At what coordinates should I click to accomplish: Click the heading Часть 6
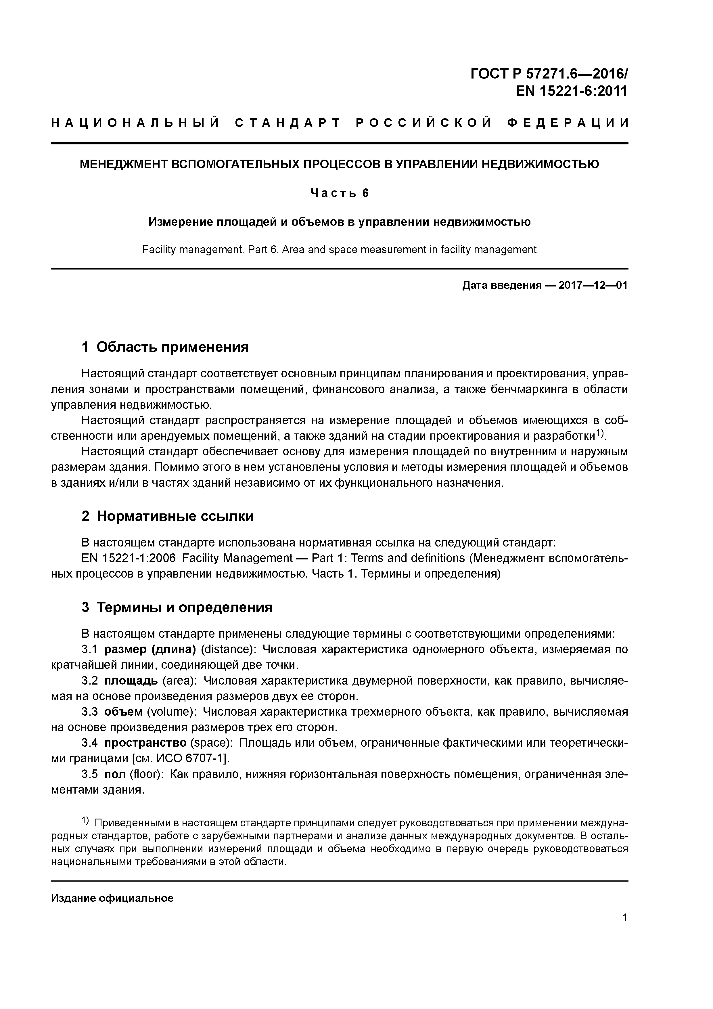click(x=340, y=193)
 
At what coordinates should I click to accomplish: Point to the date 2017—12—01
click(x=593, y=285)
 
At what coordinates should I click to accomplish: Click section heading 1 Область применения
click(x=165, y=347)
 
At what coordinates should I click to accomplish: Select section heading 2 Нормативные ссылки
click(x=168, y=516)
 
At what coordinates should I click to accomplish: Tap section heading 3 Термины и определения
click(x=177, y=607)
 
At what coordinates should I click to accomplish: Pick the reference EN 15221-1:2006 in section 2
click(x=128, y=558)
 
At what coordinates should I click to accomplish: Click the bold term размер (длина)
click(x=150, y=649)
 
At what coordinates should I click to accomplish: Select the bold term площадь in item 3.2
click(x=131, y=681)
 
